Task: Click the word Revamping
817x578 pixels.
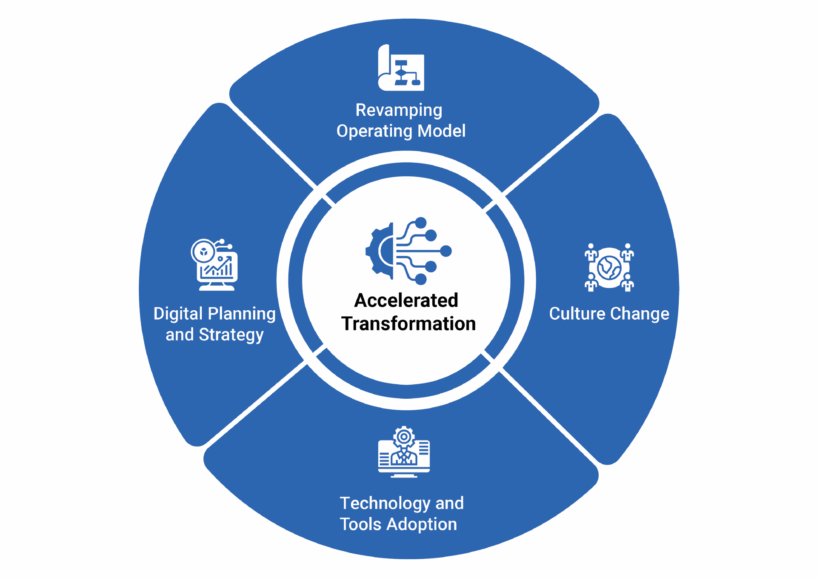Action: (x=399, y=111)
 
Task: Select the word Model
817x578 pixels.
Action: (x=442, y=131)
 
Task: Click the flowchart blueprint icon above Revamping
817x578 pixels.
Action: (x=401, y=68)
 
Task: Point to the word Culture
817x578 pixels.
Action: (x=577, y=314)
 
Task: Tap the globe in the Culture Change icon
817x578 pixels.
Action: (x=609, y=267)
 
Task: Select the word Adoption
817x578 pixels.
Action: (x=422, y=525)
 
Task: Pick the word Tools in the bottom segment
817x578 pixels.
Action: (x=360, y=524)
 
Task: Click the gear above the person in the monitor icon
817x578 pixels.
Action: (x=404, y=437)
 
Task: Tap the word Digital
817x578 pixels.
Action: (x=178, y=314)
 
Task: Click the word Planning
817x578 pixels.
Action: (x=242, y=314)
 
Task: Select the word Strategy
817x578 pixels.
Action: (x=231, y=335)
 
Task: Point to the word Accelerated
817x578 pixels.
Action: (x=406, y=300)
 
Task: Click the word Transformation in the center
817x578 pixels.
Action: (x=408, y=324)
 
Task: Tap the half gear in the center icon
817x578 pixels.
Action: (x=380, y=251)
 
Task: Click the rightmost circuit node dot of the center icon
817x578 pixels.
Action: (x=446, y=252)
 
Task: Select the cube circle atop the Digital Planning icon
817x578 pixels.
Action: (x=203, y=252)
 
